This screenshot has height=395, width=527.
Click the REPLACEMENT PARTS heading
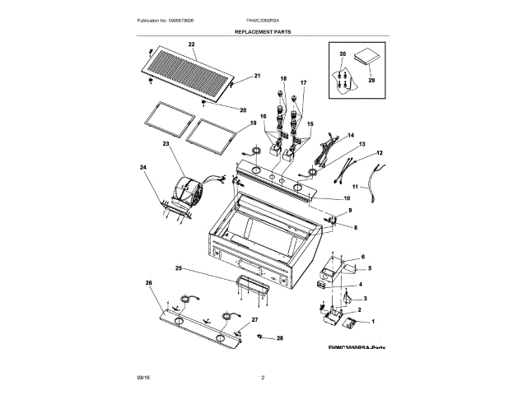pos(263,31)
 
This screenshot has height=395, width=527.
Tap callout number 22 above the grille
pos(191,43)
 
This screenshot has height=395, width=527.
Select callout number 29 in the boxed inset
pos(371,81)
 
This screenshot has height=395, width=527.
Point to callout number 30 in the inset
pos(342,53)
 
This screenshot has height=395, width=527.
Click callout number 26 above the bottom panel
pos(149,284)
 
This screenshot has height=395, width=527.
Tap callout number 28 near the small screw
pos(279,338)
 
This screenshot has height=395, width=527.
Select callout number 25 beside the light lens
pos(178,268)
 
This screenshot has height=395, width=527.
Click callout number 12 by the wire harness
pos(380,153)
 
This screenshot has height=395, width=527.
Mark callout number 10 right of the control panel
pos(347,198)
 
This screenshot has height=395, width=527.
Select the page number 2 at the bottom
pos(263,377)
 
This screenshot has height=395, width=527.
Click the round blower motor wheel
pos(189,192)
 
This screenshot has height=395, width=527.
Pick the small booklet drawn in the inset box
pos(364,58)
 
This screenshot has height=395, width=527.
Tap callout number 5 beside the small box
pos(370,269)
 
